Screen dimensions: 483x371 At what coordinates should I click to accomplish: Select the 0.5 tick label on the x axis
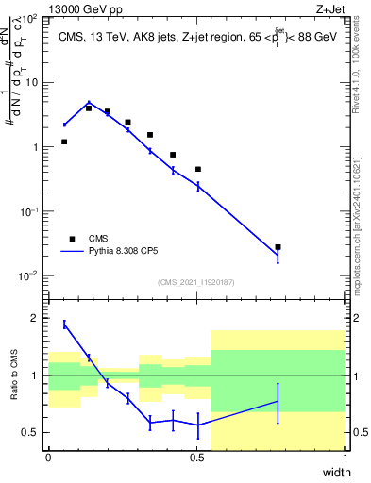pos(196,457)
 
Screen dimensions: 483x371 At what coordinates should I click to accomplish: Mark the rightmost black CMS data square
pos(278,247)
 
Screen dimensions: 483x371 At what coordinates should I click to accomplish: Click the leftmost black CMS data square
pos(64,142)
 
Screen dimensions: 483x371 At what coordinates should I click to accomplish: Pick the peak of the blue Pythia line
pos(89,103)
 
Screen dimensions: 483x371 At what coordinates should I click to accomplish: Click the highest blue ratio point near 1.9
pos(64,325)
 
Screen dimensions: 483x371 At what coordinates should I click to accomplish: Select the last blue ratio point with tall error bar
pos(278,401)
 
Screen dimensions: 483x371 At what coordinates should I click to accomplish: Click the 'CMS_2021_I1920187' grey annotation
pos(196,281)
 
